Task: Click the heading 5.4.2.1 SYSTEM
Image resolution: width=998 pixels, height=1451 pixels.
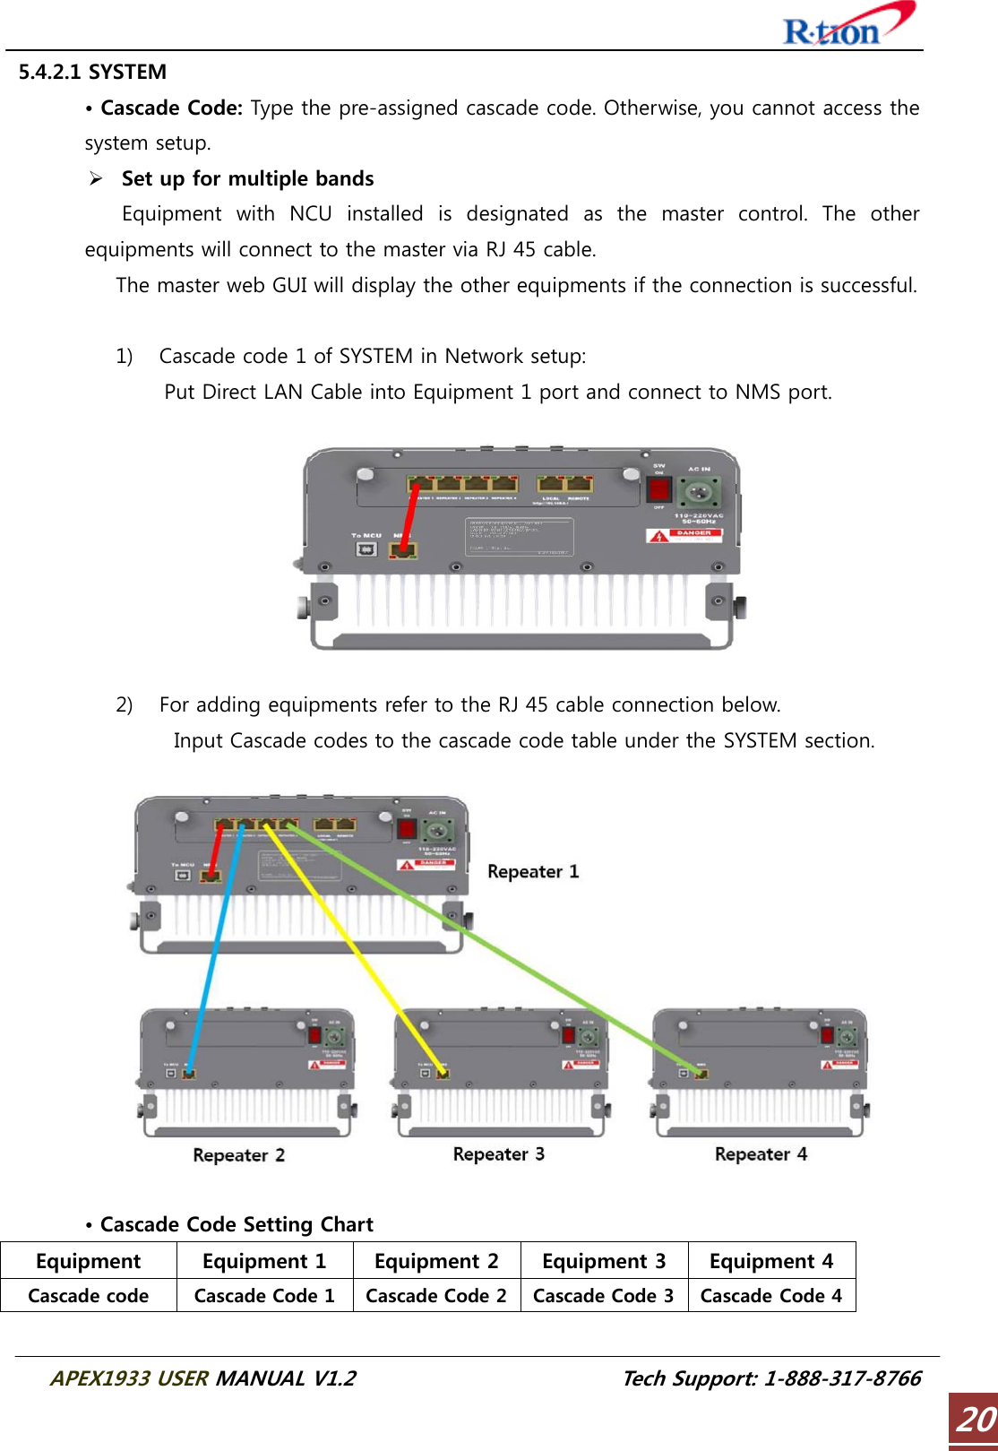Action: pyautogui.click(x=92, y=72)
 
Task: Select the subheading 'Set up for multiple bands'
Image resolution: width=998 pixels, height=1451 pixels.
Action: pyautogui.click(x=247, y=178)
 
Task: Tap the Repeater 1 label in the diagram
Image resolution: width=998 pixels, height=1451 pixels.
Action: pyautogui.click(x=533, y=871)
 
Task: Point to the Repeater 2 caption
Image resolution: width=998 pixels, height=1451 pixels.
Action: pyautogui.click(x=238, y=1154)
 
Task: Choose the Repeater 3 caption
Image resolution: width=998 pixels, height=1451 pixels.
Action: pyautogui.click(x=498, y=1153)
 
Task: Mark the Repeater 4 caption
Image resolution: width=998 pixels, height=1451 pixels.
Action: pyautogui.click(x=761, y=1153)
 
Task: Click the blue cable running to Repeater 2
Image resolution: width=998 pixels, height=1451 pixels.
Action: pyautogui.click(x=215, y=950)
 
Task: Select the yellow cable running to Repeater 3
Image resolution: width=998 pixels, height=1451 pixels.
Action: pyautogui.click(x=358, y=950)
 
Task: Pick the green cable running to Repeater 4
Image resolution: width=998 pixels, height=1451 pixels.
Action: pyautogui.click(x=502, y=950)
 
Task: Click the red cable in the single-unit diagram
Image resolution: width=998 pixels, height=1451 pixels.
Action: pyautogui.click(x=410, y=515)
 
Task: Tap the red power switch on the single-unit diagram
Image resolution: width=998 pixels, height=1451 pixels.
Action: pyautogui.click(x=659, y=489)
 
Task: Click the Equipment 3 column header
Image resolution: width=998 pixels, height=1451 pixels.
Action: pyautogui.click(x=604, y=1261)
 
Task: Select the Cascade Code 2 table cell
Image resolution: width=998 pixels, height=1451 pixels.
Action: pyautogui.click(x=436, y=1296)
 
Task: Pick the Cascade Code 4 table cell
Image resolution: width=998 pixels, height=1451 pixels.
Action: pyautogui.click(x=771, y=1296)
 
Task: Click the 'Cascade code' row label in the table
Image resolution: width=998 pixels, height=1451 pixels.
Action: pyautogui.click(x=89, y=1296)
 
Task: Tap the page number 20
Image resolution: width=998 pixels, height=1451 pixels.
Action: pyautogui.click(x=975, y=1420)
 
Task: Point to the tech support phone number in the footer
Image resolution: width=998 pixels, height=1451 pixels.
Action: pyautogui.click(x=842, y=1378)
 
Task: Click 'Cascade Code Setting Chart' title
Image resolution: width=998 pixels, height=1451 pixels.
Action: pyautogui.click(x=237, y=1224)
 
